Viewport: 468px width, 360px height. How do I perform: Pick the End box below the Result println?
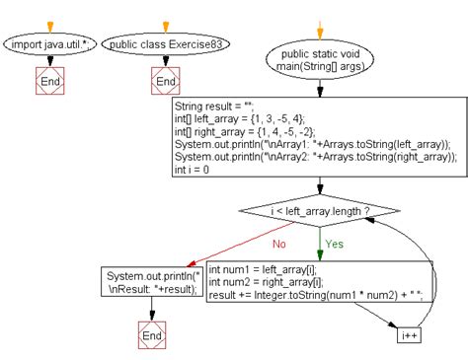151,336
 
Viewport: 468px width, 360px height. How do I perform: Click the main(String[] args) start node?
320,59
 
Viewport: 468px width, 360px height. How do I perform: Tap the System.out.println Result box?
152,282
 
